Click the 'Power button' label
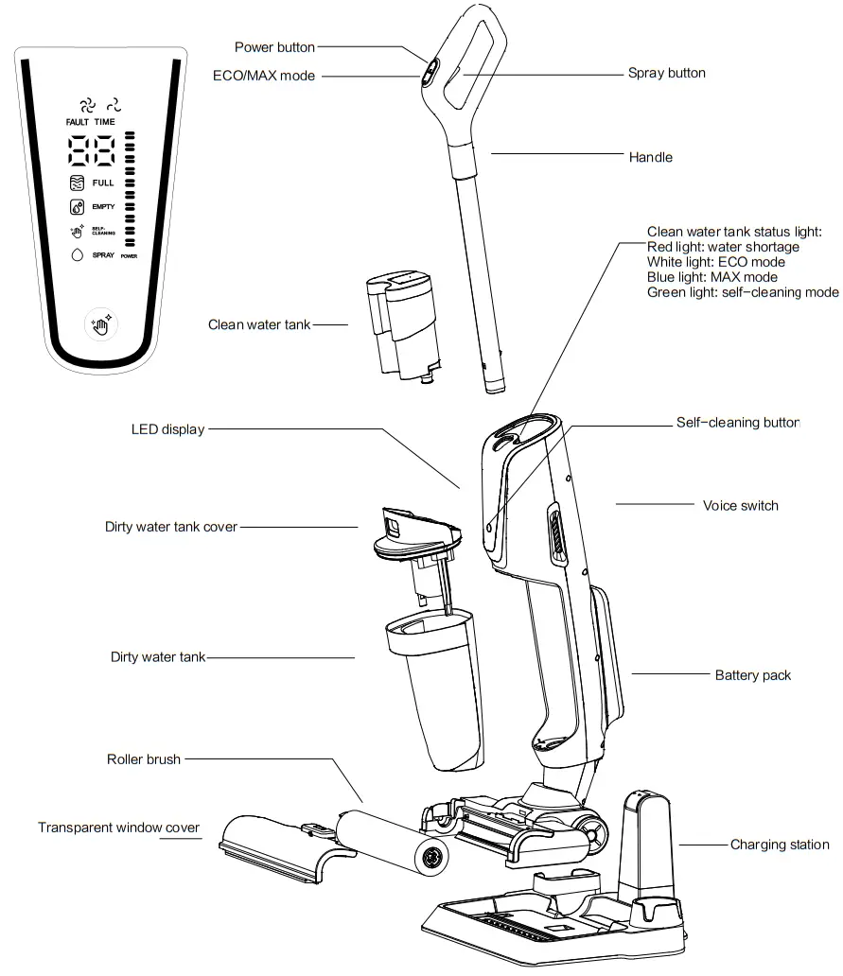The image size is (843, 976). point(274,47)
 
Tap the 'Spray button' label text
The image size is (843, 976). point(666,73)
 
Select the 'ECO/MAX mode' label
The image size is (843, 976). point(264,76)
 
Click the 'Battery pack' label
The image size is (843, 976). point(752,675)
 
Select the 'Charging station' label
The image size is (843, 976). point(779,845)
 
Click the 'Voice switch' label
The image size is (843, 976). point(740,505)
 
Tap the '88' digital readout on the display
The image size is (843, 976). point(92,150)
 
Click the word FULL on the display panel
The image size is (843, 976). point(103,183)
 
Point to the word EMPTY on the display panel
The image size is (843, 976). point(103,206)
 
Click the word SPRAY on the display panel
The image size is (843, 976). point(103,255)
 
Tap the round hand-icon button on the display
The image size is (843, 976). point(100,324)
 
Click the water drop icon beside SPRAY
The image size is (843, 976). point(78,255)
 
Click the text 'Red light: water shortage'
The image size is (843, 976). point(723,247)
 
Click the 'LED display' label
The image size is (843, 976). point(167,429)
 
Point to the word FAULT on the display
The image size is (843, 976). point(78,122)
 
